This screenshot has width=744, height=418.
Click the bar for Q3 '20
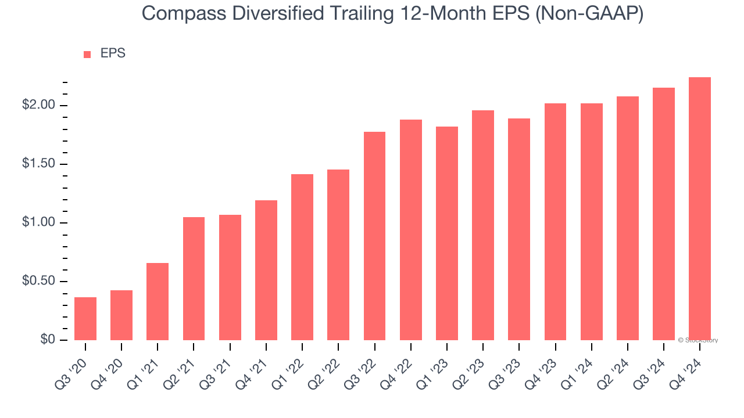(x=85, y=319)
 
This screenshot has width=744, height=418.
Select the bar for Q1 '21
(x=158, y=301)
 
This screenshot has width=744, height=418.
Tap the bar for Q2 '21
(x=194, y=279)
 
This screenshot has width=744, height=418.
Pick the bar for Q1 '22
(x=302, y=257)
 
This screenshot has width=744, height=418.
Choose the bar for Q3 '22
(x=374, y=236)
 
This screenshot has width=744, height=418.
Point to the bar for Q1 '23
(x=447, y=233)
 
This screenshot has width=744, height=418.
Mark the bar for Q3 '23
(x=519, y=229)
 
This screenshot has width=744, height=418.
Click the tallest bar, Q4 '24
(x=700, y=208)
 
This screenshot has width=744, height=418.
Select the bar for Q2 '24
(x=628, y=218)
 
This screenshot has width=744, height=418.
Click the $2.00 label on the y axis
(x=38, y=106)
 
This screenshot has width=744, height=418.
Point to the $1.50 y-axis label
(x=38, y=164)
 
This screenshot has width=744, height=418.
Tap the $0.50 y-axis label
(x=38, y=282)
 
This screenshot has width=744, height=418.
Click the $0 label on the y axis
(x=48, y=340)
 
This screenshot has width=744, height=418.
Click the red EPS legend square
(x=87, y=55)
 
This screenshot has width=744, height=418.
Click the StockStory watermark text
(x=699, y=340)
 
